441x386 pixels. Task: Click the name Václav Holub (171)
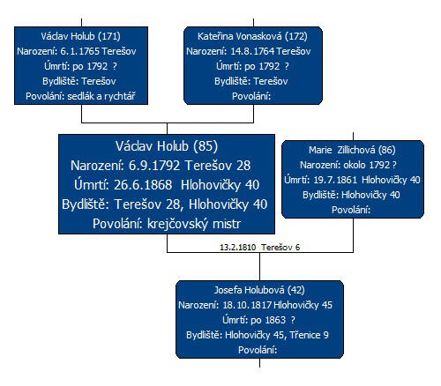(81, 36)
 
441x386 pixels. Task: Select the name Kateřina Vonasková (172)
(252, 36)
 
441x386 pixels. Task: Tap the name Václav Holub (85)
(167, 146)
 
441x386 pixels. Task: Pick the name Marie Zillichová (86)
(352, 150)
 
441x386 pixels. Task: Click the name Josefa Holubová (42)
(259, 290)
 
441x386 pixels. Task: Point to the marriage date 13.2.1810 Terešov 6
(260, 248)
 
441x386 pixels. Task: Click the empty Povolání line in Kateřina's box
(251, 96)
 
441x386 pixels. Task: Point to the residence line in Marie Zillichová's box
(351, 195)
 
